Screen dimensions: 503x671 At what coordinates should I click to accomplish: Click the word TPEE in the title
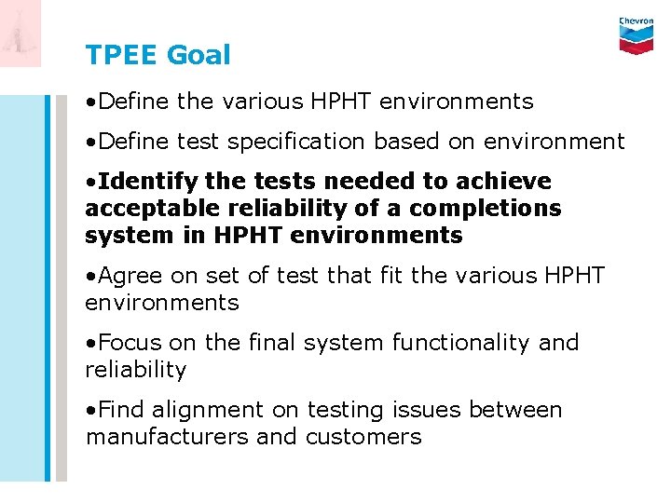[122, 55]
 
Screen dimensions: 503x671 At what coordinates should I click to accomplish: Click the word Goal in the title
[199, 55]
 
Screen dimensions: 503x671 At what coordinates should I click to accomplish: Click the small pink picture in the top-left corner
[21, 34]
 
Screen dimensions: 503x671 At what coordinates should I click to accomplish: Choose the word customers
[363, 437]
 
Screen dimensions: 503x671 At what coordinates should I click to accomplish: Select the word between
[515, 410]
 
